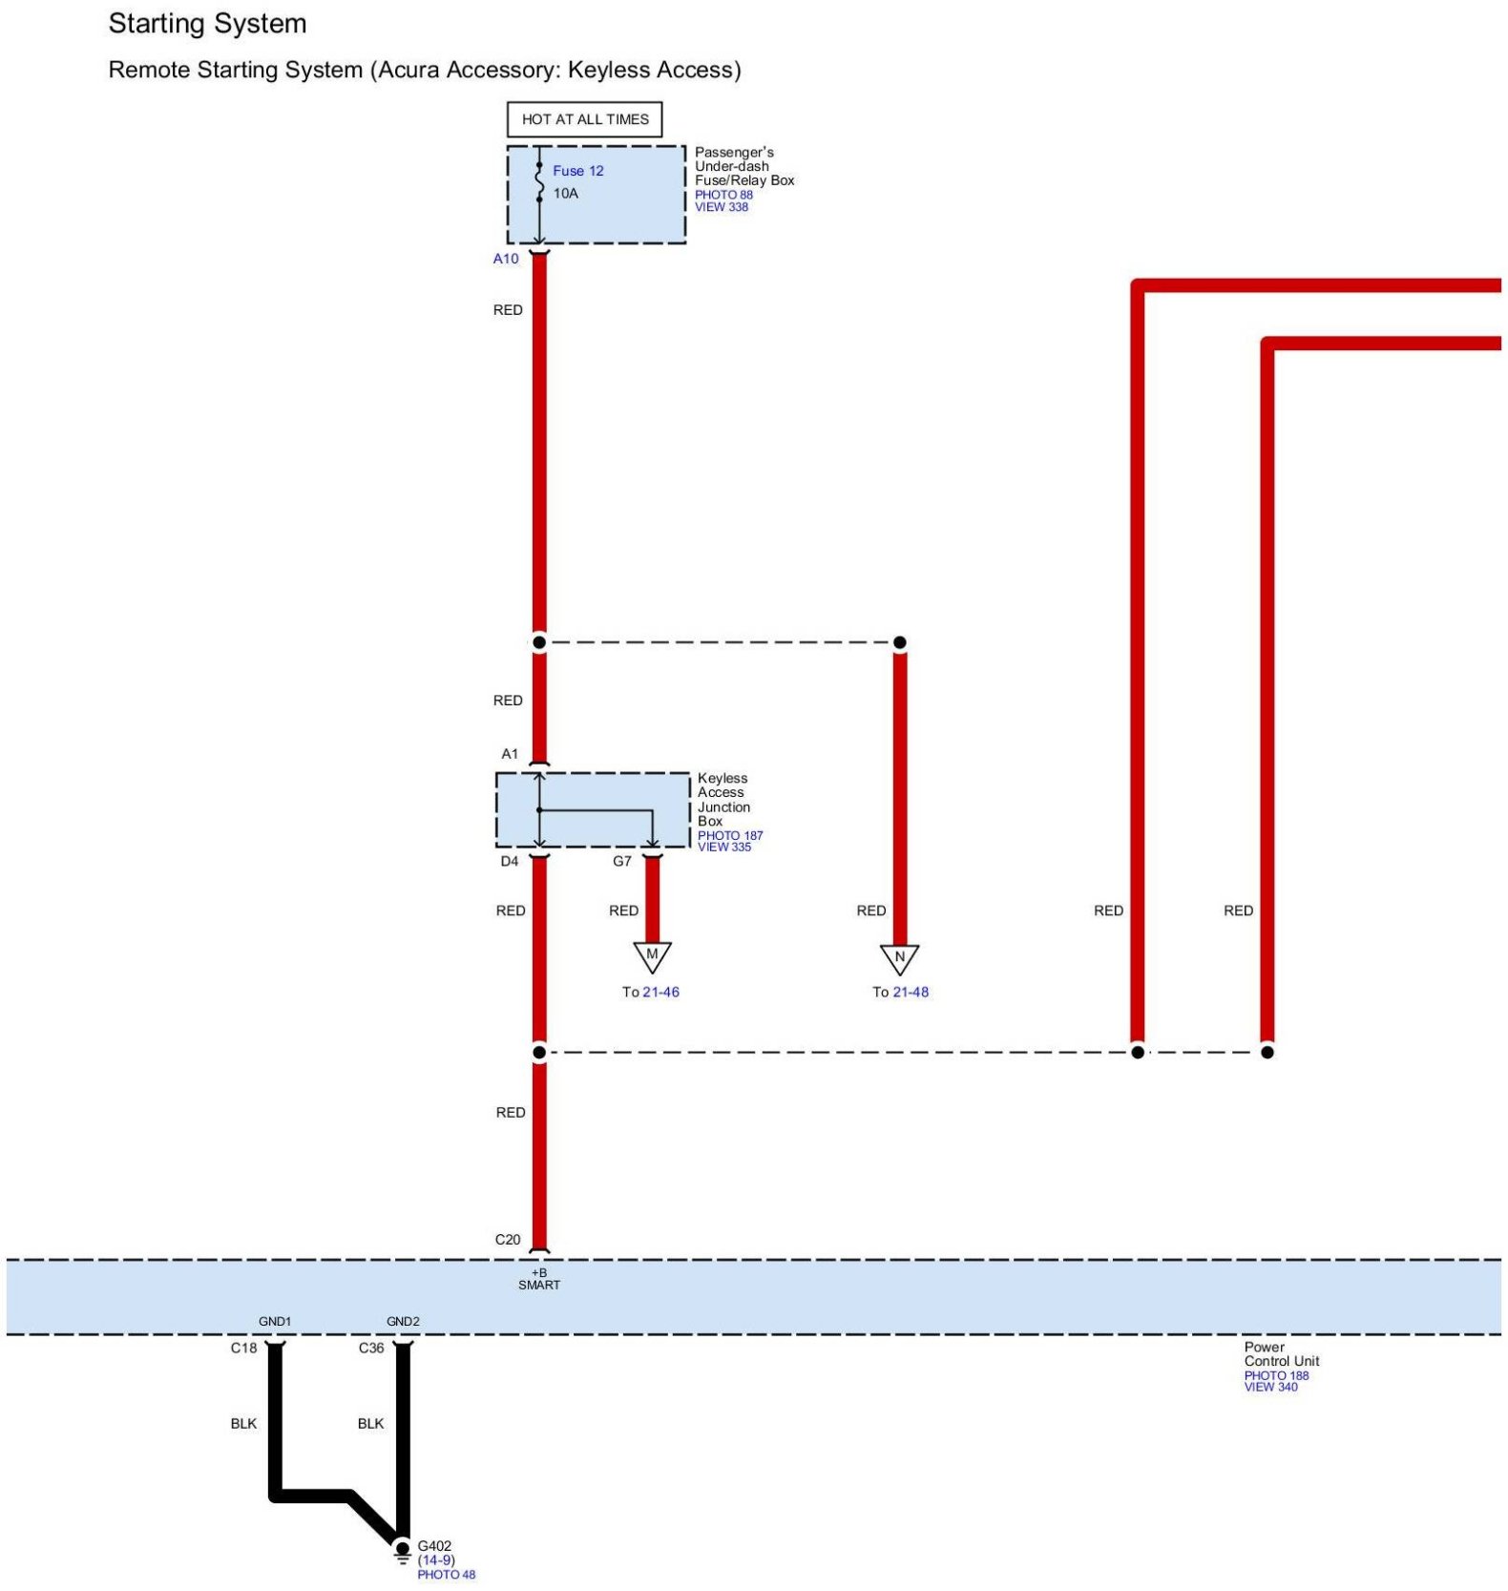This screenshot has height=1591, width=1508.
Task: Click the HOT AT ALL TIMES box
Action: [584, 119]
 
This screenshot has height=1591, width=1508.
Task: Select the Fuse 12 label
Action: [577, 171]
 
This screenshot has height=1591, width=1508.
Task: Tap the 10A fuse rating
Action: [566, 194]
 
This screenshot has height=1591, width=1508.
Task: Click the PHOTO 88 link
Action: [723, 195]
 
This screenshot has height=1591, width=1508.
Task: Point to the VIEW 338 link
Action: [722, 207]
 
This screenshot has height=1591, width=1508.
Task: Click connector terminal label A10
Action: [506, 259]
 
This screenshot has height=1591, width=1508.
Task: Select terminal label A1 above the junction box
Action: [510, 754]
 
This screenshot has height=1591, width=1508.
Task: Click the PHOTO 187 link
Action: [730, 835]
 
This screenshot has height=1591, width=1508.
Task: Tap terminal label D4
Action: [510, 861]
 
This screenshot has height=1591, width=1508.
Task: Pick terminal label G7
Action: [622, 861]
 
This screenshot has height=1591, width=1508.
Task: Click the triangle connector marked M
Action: [653, 955]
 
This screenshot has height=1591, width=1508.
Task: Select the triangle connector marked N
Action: [899, 957]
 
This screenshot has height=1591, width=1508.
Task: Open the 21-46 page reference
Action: [660, 992]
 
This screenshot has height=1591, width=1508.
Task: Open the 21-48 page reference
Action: [911, 992]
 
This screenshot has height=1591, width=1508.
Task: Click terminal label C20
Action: [508, 1240]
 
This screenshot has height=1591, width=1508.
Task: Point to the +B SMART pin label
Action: [539, 1279]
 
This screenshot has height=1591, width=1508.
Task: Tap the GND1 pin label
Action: [275, 1322]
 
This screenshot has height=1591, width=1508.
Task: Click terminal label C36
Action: [371, 1348]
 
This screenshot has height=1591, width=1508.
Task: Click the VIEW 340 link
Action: [1270, 1387]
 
